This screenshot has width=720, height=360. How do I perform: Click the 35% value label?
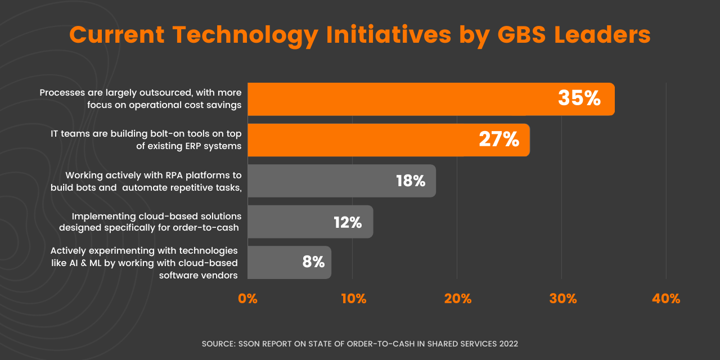pyautogui.click(x=579, y=98)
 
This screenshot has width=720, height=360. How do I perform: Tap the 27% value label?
pyautogui.click(x=499, y=139)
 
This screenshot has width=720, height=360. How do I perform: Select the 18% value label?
pyautogui.click(x=411, y=181)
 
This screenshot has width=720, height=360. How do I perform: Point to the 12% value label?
pyautogui.click(x=348, y=222)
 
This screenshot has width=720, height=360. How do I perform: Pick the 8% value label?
pyautogui.click(x=313, y=262)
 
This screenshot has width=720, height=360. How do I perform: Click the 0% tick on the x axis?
pyautogui.click(x=248, y=299)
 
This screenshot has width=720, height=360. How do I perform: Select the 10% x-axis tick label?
pyautogui.click(x=354, y=299)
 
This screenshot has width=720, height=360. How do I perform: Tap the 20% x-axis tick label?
pyautogui.click(x=458, y=299)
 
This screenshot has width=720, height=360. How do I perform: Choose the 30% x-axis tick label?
pyautogui.click(x=562, y=299)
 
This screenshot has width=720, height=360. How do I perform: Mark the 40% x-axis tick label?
pyautogui.click(x=666, y=299)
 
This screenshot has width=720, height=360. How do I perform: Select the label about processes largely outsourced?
pyautogui.click(x=141, y=98)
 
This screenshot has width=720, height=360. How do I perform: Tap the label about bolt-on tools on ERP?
pyautogui.click(x=146, y=140)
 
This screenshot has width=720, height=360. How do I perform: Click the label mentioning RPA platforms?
pyautogui.click(x=146, y=181)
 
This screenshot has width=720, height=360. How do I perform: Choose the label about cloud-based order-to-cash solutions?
pyautogui.click(x=150, y=222)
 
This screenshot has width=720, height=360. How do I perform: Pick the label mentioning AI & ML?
pyautogui.click(x=144, y=263)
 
